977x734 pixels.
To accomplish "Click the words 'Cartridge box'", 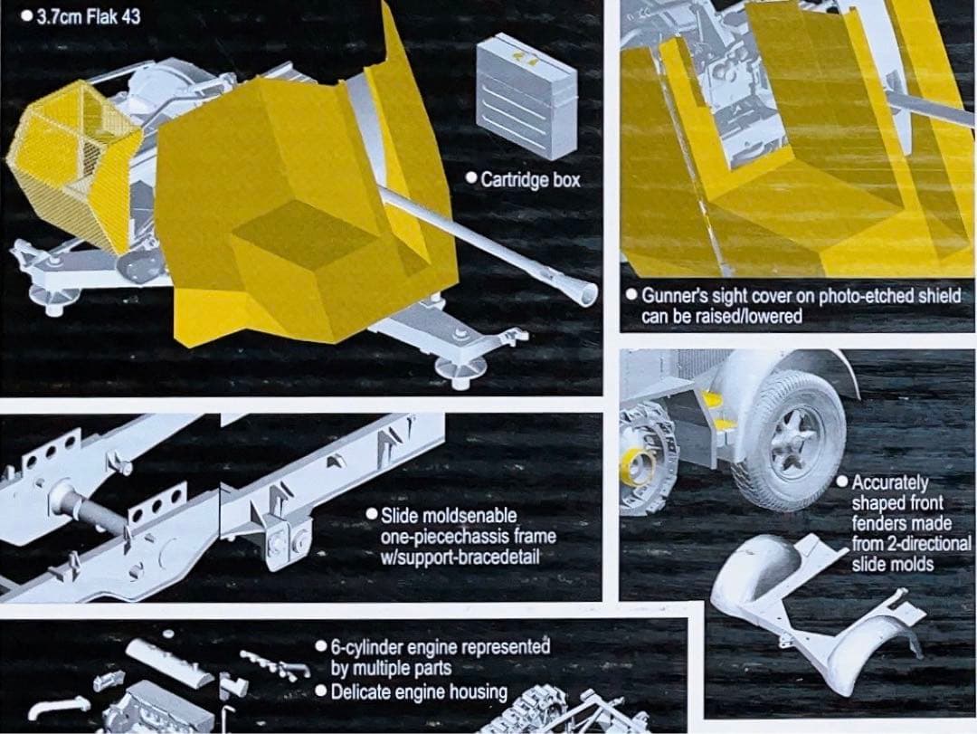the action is click(x=530, y=179).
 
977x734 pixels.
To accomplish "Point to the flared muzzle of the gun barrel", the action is click(x=583, y=292).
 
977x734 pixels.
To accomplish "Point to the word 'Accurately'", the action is click(x=890, y=482).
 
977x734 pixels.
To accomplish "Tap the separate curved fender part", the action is click(x=816, y=610).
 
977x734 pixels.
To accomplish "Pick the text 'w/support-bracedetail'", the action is click(x=460, y=557).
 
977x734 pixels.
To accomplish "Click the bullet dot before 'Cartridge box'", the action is click(x=471, y=179).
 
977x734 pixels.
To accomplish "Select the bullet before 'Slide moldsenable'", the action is click(x=372, y=514).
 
